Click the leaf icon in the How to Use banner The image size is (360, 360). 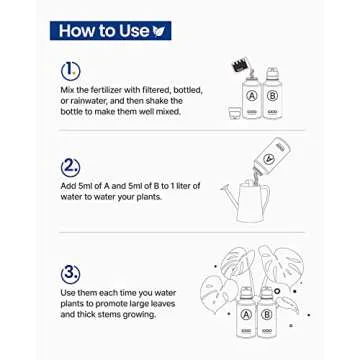tap(159, 31)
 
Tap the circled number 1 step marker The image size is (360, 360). tap(71, 70)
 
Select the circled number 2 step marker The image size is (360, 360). tap(71, 168)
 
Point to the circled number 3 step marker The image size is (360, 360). tap(71, 274)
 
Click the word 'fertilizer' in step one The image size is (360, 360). tap(101, 90)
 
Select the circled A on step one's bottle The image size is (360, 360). tap(252, 96)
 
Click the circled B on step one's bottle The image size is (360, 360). tap(272, 96)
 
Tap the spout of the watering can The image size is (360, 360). tap(229, 197)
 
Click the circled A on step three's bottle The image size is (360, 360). tap(246, 315)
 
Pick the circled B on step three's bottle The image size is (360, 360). tap(267, 315)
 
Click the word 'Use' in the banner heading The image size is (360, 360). tap(133, 31)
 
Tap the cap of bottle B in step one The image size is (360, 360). tap(272, 73)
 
